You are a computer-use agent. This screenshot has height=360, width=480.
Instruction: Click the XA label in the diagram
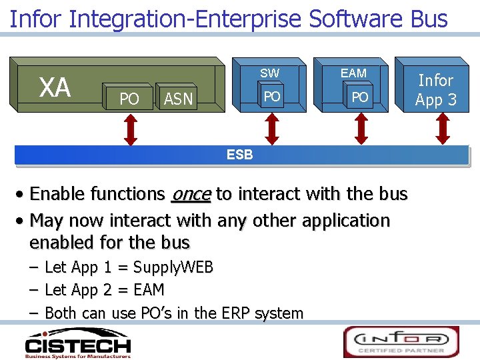pyautogui.click(x=55, y=87)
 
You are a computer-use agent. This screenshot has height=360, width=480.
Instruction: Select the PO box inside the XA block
pyautogui.click(x=129, y=99)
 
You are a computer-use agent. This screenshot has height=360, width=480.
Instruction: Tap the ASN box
pyautogui.click(x=178, y=99)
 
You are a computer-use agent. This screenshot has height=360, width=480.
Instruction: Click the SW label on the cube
pyautogui.click(x=270, y=73)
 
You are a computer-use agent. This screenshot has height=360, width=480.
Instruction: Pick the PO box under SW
pyautogui.click(x=271, y=97)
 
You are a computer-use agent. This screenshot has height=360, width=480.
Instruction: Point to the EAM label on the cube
pyautogui.click(x=353, y=73)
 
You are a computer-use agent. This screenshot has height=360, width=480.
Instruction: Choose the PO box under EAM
pyautogui.click(x=360, y=97)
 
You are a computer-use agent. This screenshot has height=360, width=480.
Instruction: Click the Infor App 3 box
pyautogui.click(x=435, y=90)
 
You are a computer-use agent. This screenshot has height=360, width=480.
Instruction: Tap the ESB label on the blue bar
pyautogui.click(x=240, y=155)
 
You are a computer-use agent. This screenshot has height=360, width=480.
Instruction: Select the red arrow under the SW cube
pyautogui.click(x=271, y=129)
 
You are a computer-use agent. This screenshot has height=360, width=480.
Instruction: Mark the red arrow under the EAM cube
pyautogui.click(x=361, y=129)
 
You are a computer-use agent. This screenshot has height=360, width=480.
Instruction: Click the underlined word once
pyautogui.click(x=191, y=194)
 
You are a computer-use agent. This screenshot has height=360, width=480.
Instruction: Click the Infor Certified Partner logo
pyautogui.click(x=401, y=341)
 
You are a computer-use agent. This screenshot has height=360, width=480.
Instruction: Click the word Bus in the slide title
pyautogui.click(x=429, y=19)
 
